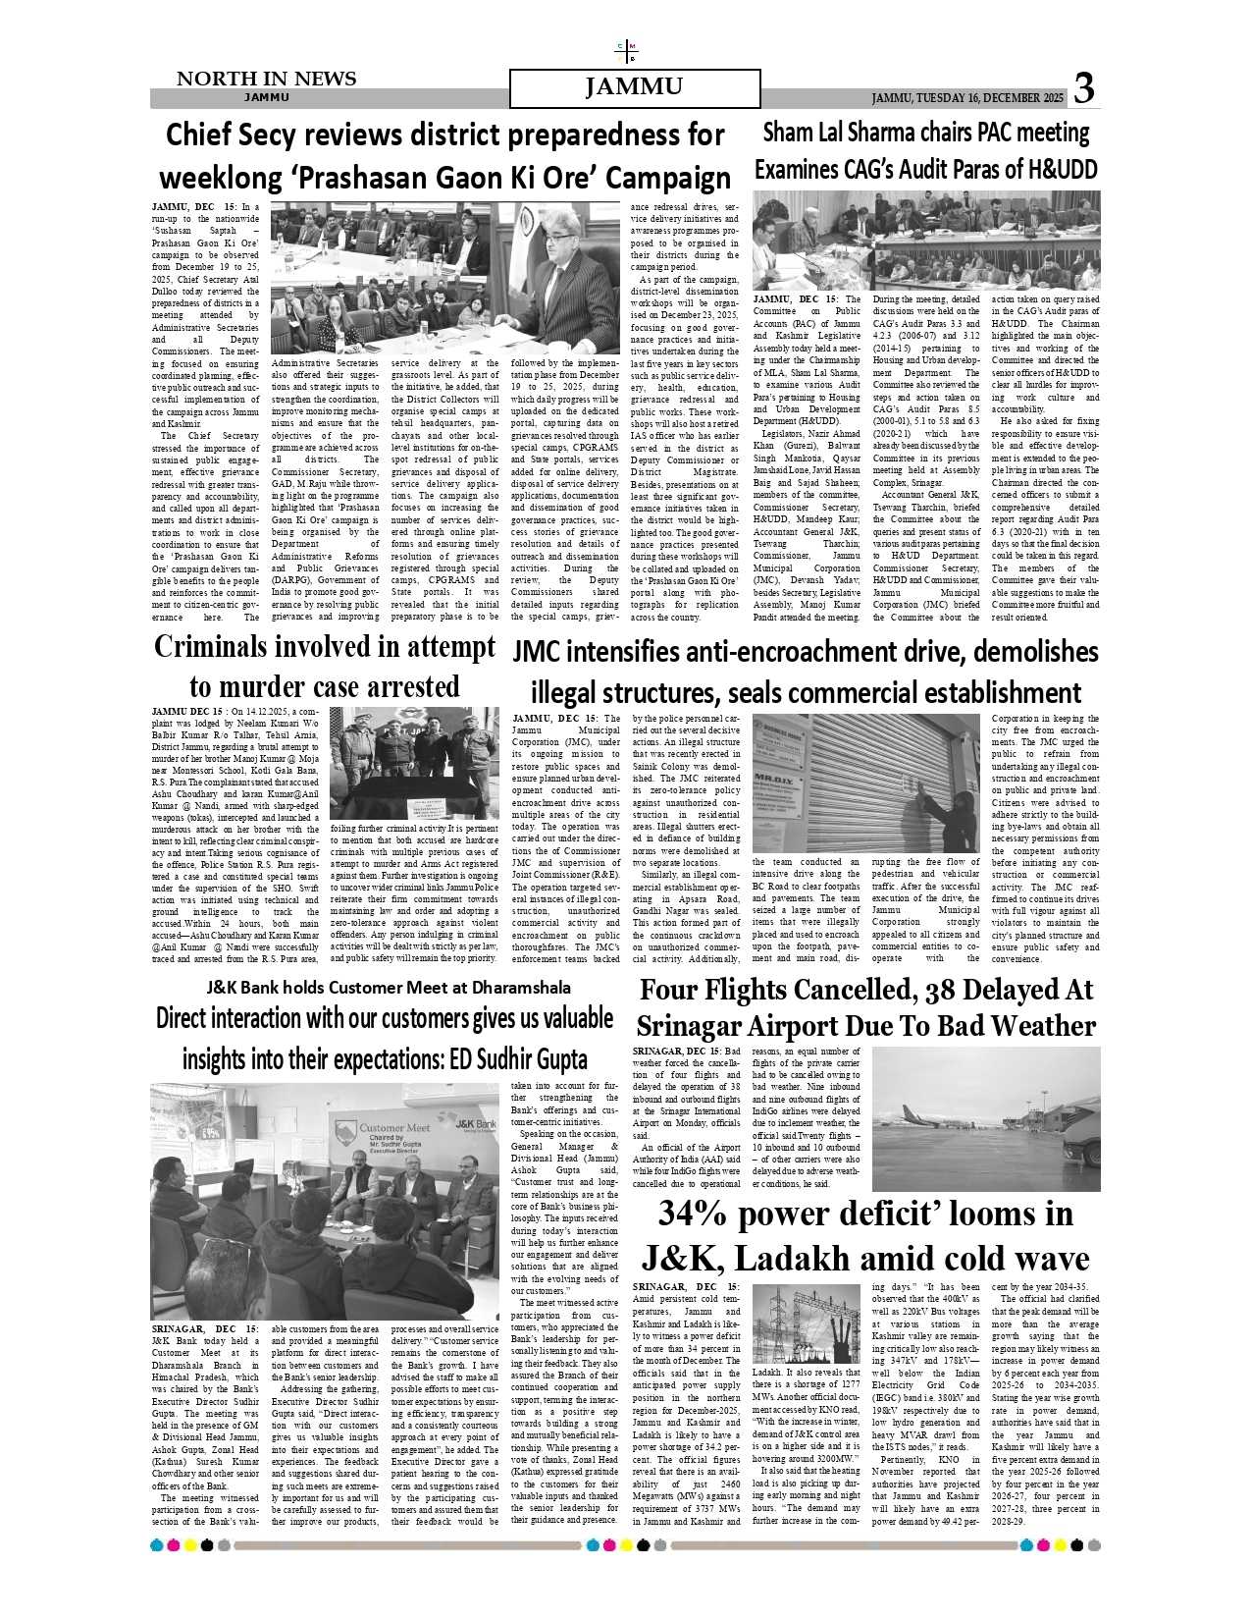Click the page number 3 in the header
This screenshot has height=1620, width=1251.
1083,89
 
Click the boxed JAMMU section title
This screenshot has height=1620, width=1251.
634,88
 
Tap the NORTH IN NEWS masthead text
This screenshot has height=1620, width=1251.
266,79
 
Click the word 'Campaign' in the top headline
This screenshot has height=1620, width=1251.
667,178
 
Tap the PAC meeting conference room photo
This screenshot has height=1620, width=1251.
925,241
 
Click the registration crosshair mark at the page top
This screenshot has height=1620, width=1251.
625,51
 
